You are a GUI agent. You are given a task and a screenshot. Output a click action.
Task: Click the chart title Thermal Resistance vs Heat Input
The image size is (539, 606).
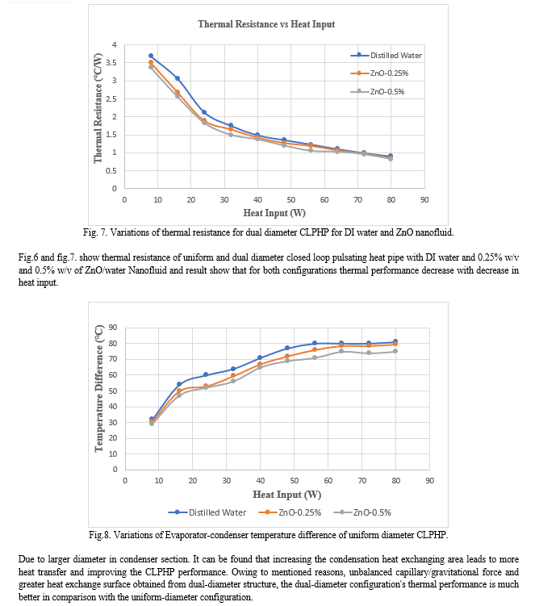pyautogui.click(x=266, y=24)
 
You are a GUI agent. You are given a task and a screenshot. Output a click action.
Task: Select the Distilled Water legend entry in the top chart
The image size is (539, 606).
pyautogui.click(x=386, y=55)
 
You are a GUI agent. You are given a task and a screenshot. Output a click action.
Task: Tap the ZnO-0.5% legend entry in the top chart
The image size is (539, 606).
pyautogui.click(x=378, y=92)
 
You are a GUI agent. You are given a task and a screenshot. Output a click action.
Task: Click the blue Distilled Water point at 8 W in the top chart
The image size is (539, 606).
pyautogui.click(x=151, y=56)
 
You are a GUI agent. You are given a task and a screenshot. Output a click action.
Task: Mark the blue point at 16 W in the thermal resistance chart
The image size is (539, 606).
pyautogui.click(x=178, y=78)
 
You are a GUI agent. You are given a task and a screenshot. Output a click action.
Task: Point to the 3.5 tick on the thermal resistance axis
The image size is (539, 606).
pyautogui.click(x=111, y=63)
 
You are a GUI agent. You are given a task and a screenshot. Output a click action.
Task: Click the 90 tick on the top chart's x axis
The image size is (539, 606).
pyautogui.click(x=424, y=200)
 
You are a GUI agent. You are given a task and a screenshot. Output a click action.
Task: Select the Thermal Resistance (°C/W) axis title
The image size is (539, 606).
pyautogui.click(x=98, y=108)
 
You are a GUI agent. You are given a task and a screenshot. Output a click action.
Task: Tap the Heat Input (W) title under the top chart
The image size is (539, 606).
pyautogui.click(x=274, y=213)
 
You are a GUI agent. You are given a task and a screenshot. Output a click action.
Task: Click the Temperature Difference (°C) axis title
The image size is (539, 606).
pyautogui.click(x=99, y=388)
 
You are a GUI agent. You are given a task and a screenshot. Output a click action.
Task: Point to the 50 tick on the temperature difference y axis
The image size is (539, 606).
pyautogui.click(x=113, y=391)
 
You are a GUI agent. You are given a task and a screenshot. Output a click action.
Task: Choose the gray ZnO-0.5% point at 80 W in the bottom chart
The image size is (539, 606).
pyautogui.click(x=395, y=351)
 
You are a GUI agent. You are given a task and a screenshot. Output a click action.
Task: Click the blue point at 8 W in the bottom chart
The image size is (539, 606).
pyautogui.click(x=152, y=420)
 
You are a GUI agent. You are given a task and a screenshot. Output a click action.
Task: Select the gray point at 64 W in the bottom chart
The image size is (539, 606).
pyautogui.click(x=341, y=351)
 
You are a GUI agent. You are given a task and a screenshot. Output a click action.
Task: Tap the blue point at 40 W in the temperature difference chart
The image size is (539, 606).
pyautogui.click(x=260, y=358)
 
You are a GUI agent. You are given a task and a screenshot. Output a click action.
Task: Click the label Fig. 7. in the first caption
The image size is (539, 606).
pyautogui.click(x=95, y=232)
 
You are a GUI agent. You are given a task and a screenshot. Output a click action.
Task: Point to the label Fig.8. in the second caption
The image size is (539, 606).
pyautogui.click(x=100, y=535)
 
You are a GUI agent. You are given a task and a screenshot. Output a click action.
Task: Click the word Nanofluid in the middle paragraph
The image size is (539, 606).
pyautogui.click(x=148, y=270)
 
